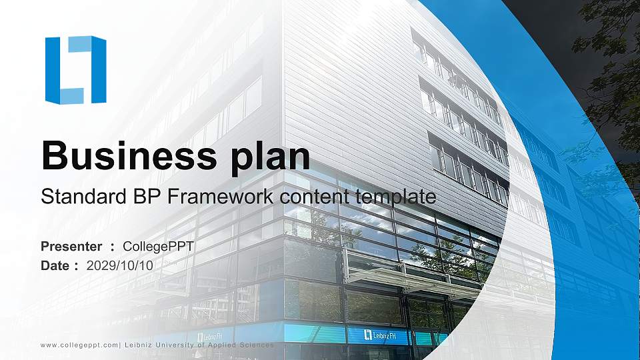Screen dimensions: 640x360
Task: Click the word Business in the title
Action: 129,155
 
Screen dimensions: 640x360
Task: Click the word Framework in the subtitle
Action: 221,196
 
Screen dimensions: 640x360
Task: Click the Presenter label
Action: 71,247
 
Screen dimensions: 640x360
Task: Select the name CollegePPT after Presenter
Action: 158,247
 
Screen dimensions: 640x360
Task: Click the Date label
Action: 55,266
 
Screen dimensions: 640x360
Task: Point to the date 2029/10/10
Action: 119,266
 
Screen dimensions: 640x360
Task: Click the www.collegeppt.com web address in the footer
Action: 79,345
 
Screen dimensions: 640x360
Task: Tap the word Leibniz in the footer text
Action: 138,345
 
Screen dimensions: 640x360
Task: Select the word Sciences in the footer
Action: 257,345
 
